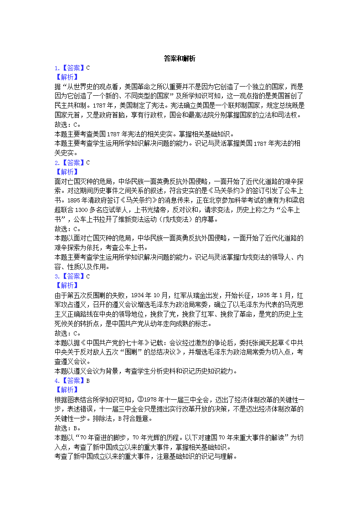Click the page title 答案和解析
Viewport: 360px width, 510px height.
point(180,58)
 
